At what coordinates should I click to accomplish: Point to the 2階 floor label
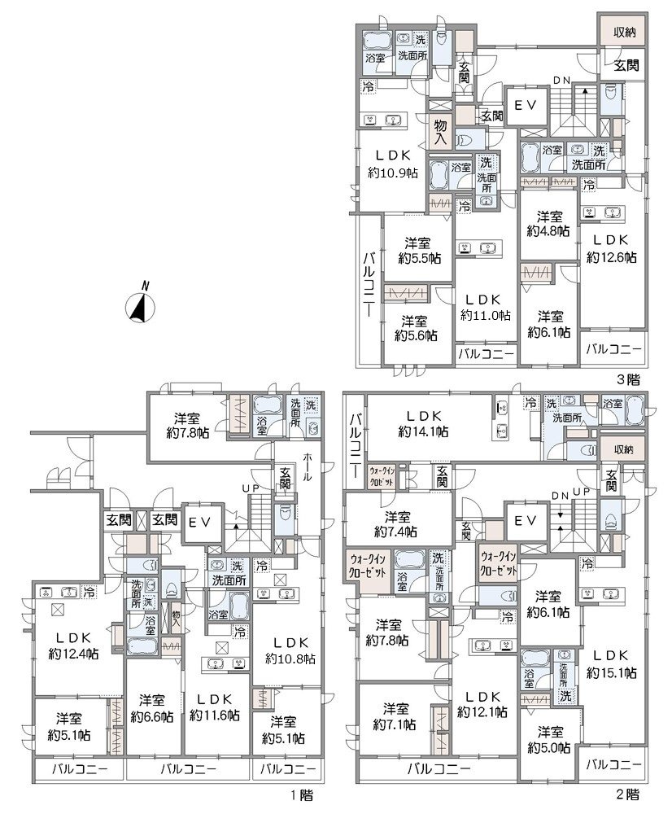(628, 794)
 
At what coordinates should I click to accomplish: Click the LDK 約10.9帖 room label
(392, 164)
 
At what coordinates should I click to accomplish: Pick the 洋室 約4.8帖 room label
(549, 223)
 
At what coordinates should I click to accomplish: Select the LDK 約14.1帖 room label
(423, 423)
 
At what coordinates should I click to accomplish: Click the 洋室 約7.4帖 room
(396, 523)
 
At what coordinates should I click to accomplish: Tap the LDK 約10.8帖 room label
(290, 650)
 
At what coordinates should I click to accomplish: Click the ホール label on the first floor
(307, 468)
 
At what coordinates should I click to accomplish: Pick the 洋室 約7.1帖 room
(396, 716)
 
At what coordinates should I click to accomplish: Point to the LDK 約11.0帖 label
(485, 307)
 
